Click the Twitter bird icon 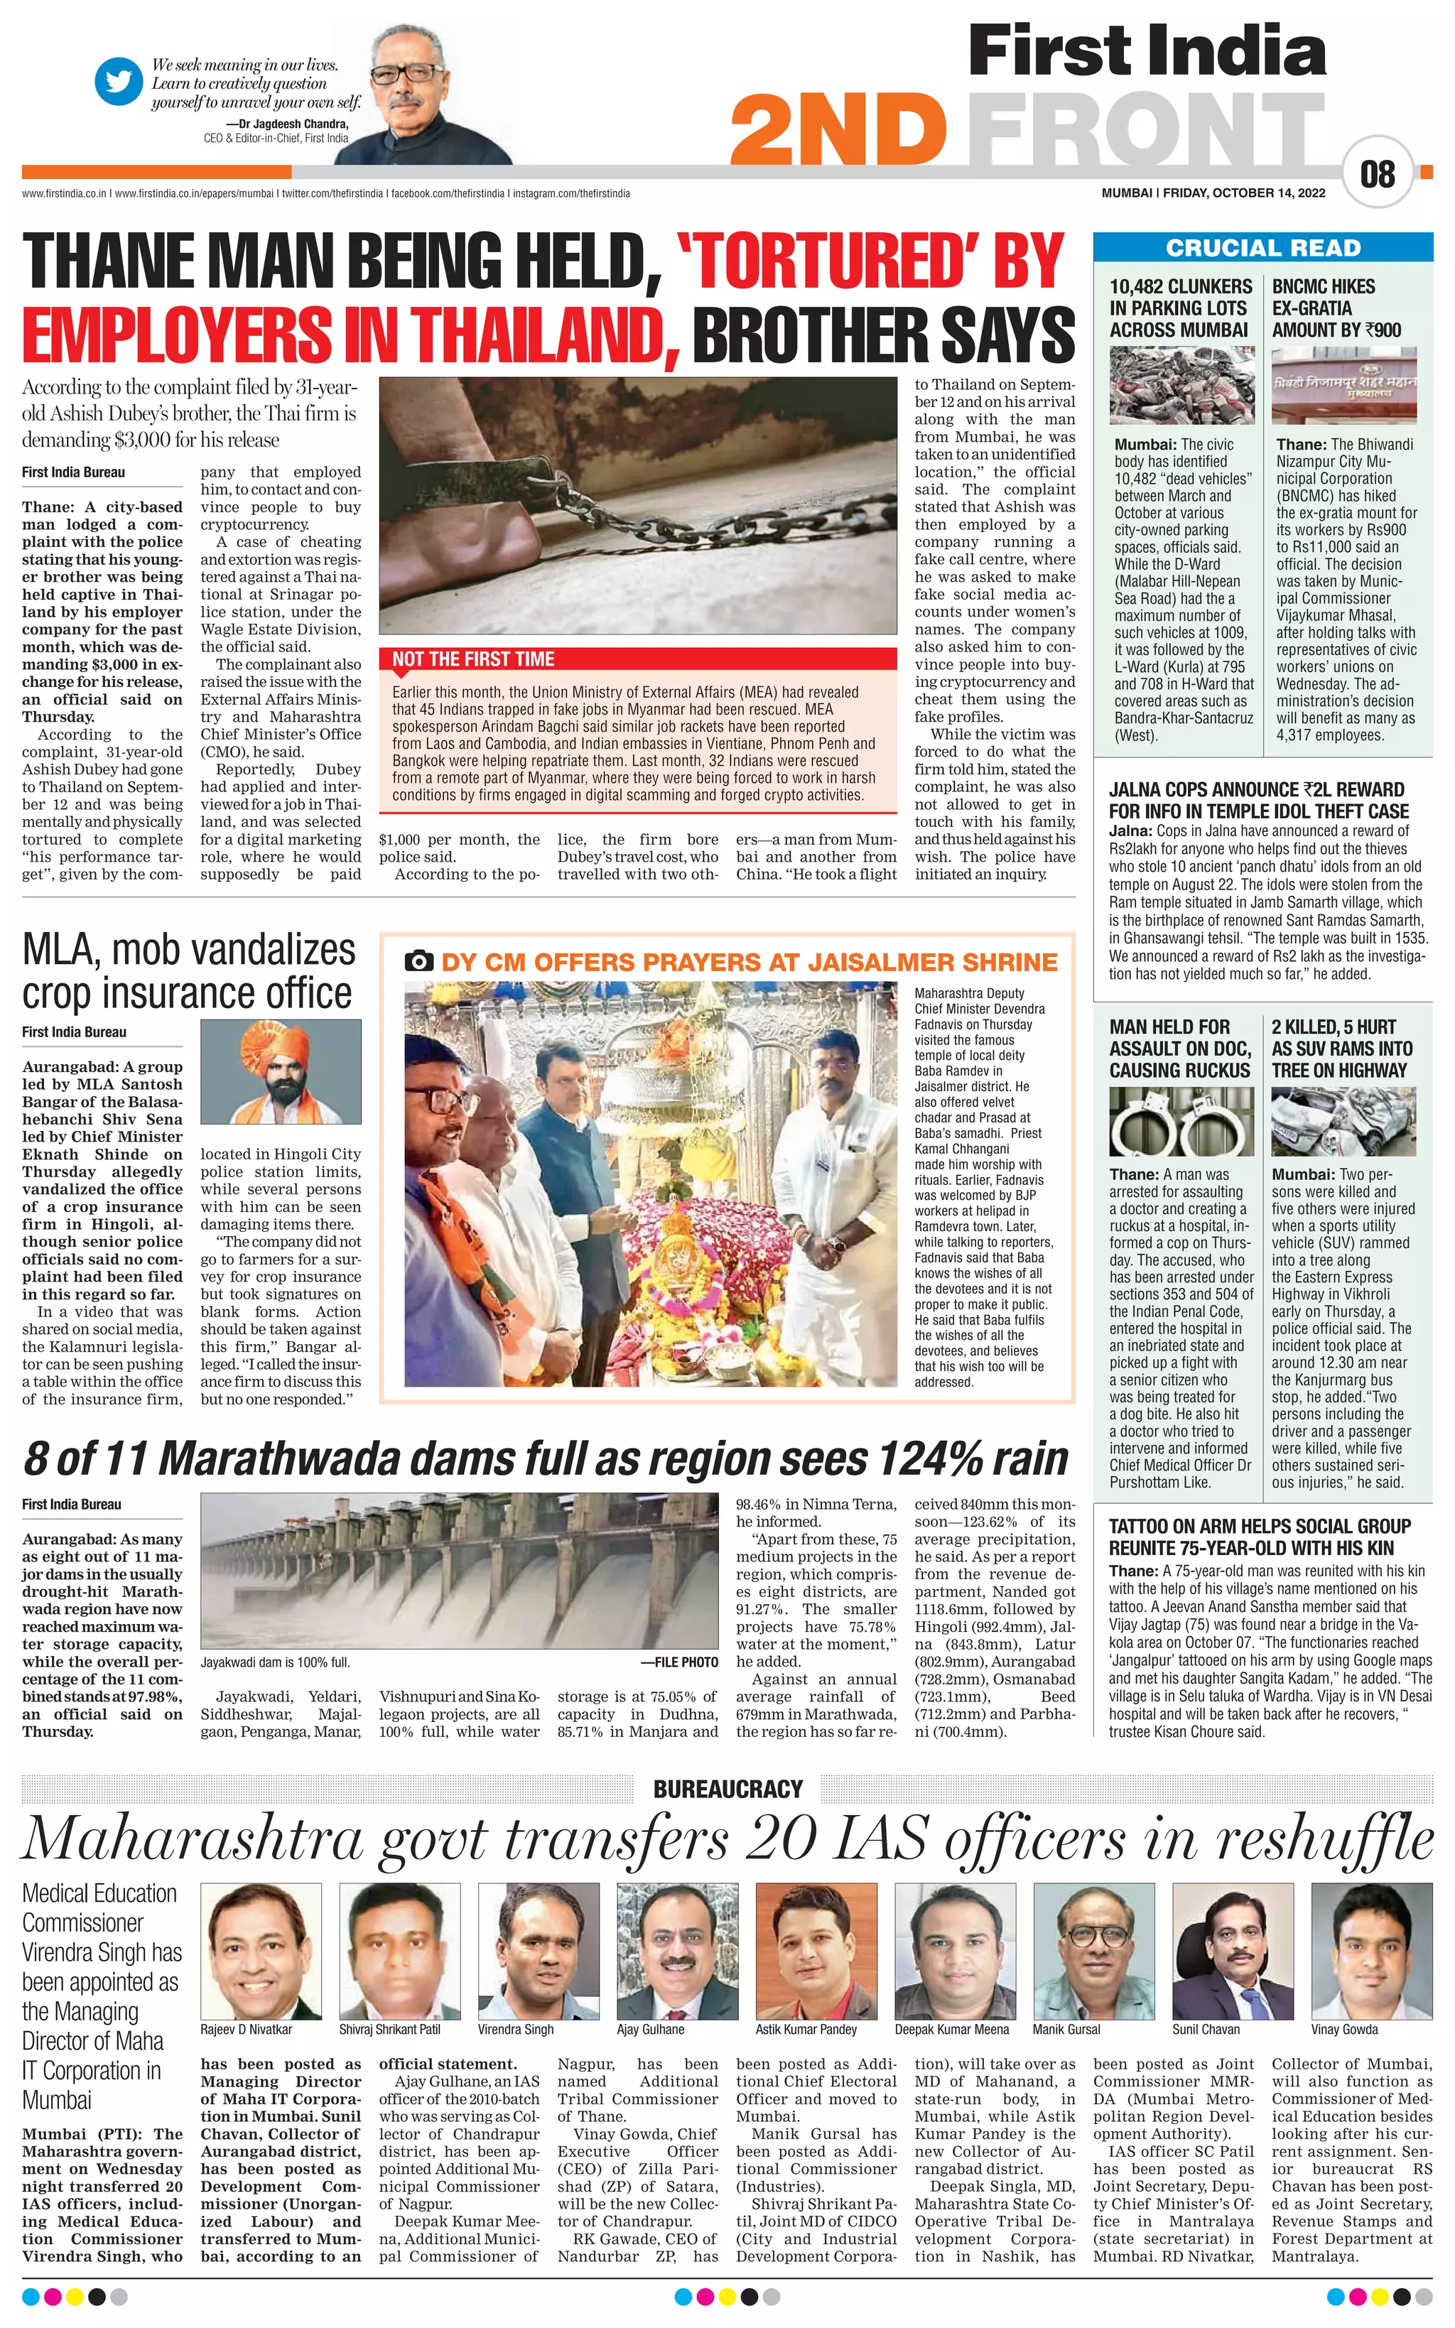click(x=119, y=82)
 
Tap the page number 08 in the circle click(x=1377, y=174)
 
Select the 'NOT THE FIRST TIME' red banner click(x=473, y=660)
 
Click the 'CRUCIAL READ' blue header click(x=1262, y=248)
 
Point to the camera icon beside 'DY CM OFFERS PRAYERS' click(x=418, y=961)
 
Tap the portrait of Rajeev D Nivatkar click(x=261, y=1950)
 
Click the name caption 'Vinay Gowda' click(x=1343, y=2030)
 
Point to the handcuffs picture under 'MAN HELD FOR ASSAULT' click(x=1181, y=1122)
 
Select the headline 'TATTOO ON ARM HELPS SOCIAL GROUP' click(x=1260, y=1527)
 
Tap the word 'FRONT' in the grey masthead click(x=1145, y=132)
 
